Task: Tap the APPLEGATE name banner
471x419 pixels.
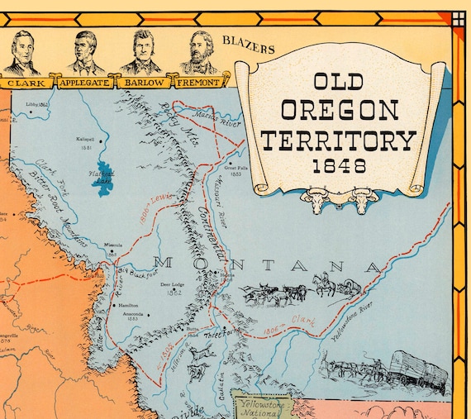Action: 83,82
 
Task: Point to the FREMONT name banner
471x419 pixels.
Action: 198,82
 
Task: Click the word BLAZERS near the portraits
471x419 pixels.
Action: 248,49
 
